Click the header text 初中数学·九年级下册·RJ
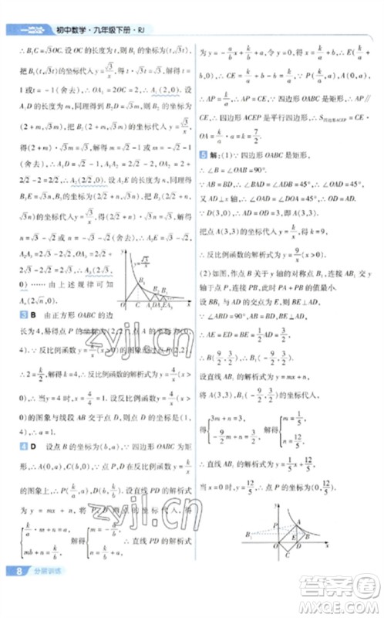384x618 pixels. pyautogui.click(x=99, y=32)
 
